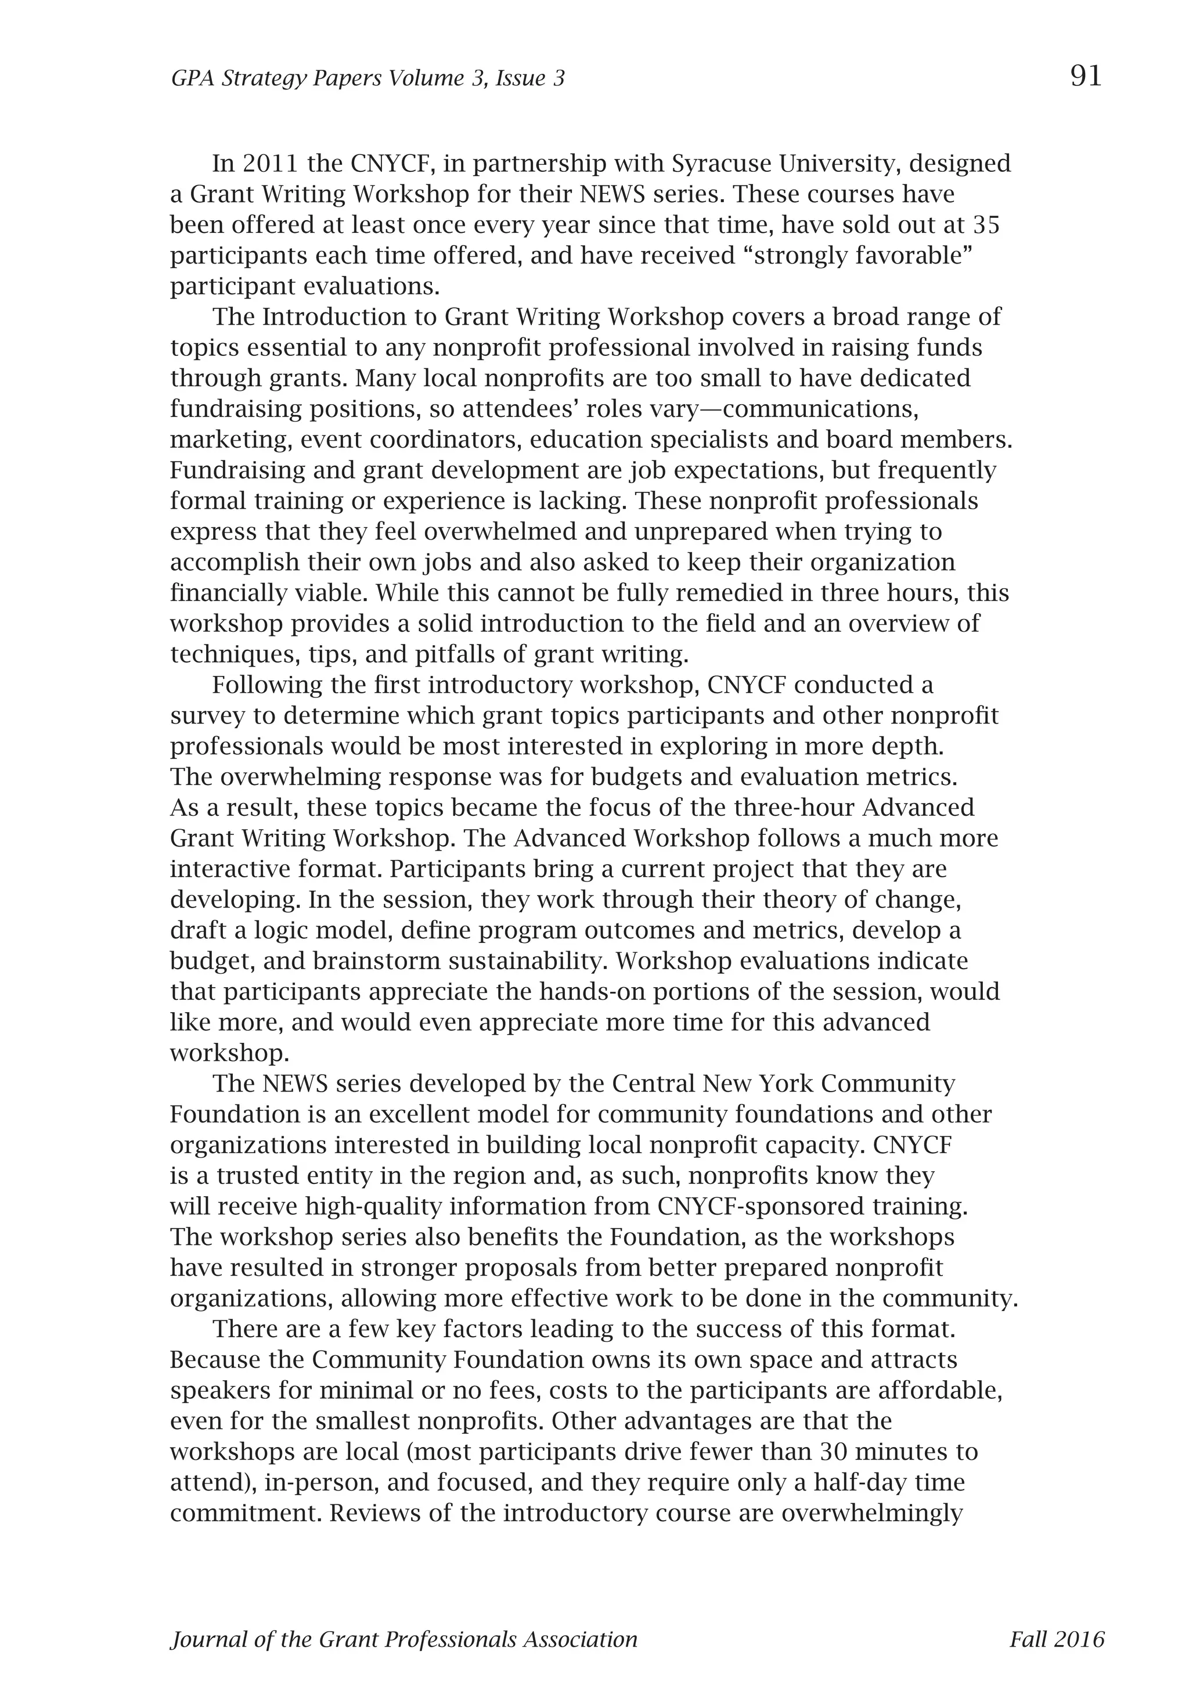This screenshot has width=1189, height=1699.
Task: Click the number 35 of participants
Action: point(986,224)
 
